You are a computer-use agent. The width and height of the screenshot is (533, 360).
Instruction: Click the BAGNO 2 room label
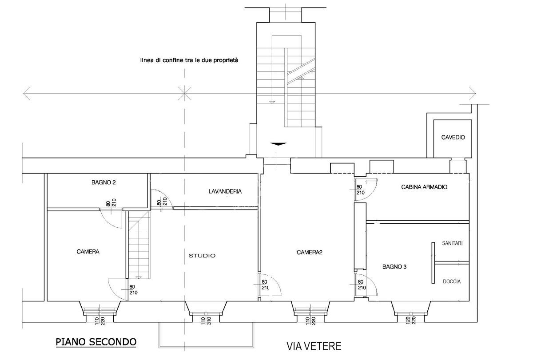tap(103, 182)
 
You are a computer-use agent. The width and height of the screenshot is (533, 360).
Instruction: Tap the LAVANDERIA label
tap(225, 191)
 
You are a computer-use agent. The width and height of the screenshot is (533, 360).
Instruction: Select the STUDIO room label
tap(202, 256)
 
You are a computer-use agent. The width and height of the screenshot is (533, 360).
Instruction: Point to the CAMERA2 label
tap(309, 252)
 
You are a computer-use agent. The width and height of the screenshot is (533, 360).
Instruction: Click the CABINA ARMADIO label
tap(424, 187)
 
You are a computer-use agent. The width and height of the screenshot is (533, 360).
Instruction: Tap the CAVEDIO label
tap(453, 137)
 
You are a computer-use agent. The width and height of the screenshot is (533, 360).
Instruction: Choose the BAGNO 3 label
tap(394, 267)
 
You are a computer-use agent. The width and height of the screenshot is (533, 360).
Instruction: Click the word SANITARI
tap(452, 243)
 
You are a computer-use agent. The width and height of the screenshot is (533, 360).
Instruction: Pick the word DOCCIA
tap(452, 281)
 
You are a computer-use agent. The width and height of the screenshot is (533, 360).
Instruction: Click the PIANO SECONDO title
tap(96, 342)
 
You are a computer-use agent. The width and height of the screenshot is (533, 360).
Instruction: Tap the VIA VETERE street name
tap(314, 346)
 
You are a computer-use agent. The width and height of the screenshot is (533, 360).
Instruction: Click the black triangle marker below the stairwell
tap(278, 144)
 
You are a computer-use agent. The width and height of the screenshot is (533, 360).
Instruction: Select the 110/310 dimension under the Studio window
tap(206, 321)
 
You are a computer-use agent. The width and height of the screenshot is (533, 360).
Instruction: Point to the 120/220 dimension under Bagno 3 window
tap(411, 320)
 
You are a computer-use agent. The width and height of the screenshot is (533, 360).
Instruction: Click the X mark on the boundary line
tap(185, 93)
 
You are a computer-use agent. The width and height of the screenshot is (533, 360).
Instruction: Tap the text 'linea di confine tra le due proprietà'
tap(189, 60)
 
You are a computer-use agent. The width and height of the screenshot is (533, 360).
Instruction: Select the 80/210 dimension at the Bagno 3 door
tap(361, 285)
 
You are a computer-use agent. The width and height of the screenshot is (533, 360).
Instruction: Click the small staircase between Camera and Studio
tap(139, 245)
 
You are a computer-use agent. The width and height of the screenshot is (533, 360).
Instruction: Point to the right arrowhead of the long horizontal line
tap(473, 94)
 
